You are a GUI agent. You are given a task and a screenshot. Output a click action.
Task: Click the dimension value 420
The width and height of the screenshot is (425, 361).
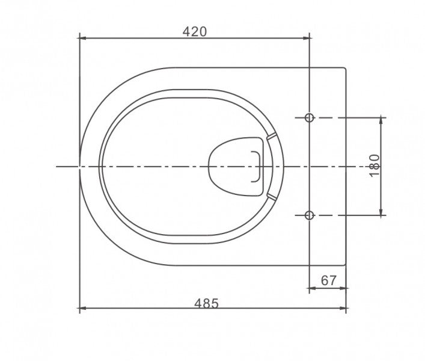pos(194,31)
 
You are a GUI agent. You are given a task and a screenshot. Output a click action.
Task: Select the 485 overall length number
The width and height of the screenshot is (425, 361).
pos(206,303)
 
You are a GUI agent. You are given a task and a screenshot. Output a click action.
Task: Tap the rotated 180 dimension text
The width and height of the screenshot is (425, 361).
pos(375,165)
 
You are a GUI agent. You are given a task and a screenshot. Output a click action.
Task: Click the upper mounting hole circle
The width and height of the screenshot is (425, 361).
pos(309,118)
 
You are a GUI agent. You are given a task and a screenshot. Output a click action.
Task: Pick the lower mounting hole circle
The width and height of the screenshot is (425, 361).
pos(309,215)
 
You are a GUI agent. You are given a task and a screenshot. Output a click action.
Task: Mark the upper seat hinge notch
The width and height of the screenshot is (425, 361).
pos(271,136)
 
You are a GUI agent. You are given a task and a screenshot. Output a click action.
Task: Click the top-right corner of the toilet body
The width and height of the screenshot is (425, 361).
pos(346,69)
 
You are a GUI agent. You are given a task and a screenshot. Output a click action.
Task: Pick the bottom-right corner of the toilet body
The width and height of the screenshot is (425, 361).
pos(346,264)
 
